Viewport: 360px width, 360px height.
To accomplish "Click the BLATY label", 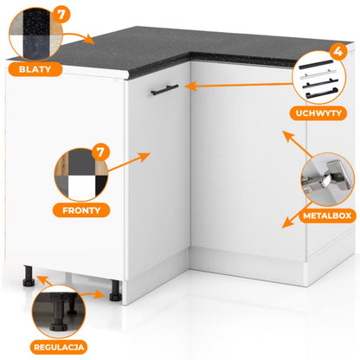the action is pyautogui.click(x=35, y=69).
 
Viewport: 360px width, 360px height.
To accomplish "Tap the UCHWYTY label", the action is pyautogui.click(x=318, y=113).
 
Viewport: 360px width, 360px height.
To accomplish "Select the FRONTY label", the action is pyautogui.click(x=81, y=210).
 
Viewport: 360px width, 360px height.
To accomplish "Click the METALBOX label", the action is pyautogui.click(x=327, y=215).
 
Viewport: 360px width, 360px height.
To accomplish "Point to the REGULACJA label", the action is pyautogui.click(x=59, y=347).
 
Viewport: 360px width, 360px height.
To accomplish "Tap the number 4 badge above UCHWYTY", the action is pyautogui.click(x=338, y=52).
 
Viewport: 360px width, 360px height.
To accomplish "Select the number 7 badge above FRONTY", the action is pyautogui.click(x=100, y=152).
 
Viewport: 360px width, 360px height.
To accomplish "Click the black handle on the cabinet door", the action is pyautogui.click(x=164, y=89).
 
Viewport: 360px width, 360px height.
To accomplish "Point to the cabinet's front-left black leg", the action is pyautogui.click(x=29, y=276).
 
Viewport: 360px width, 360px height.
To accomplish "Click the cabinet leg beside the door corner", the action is pyautogui.click(x=115, y=291).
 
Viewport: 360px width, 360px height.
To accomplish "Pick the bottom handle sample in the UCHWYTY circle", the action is pyautogui.click(x=322, y=94).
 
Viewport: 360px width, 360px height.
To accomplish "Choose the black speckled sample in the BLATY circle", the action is pyautogui.click(x=38, y=22).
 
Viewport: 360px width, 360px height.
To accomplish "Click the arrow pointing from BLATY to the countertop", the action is pyautogui.click(x=79, y=37).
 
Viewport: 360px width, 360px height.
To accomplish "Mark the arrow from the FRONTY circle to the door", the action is pyautogui.click(x=129, y=162).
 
